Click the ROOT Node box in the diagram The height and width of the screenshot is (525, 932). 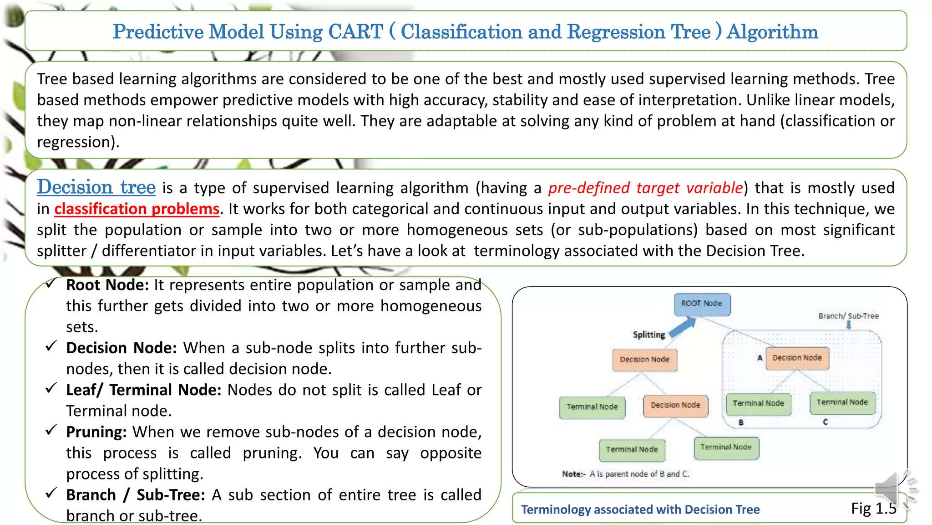pos(702,304)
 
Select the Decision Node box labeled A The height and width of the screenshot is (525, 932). pos(797,358)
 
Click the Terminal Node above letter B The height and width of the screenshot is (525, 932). pos(758,403)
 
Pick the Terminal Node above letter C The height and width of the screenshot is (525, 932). pos(842,402)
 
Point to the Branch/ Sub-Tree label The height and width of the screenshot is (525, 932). pos(848,316)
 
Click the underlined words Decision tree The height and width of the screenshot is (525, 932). pos(96,187)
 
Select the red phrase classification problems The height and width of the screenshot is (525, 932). pos(137,209)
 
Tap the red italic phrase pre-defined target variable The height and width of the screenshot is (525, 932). pos(645,188)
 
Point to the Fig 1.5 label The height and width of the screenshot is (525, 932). pos(873,508)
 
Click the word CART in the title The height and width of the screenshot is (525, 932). pos(355,31)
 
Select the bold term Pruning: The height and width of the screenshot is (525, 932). pos(96,432)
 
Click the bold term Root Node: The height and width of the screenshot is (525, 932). pos(107,285)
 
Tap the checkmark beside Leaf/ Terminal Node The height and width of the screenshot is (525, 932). pos(51,388)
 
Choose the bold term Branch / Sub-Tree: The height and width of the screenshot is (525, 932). pos(135,494)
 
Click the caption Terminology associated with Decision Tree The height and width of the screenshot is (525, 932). pos(640,510)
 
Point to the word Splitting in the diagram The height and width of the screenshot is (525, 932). pos(648,335)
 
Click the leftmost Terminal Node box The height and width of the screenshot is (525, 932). pos(592,407)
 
